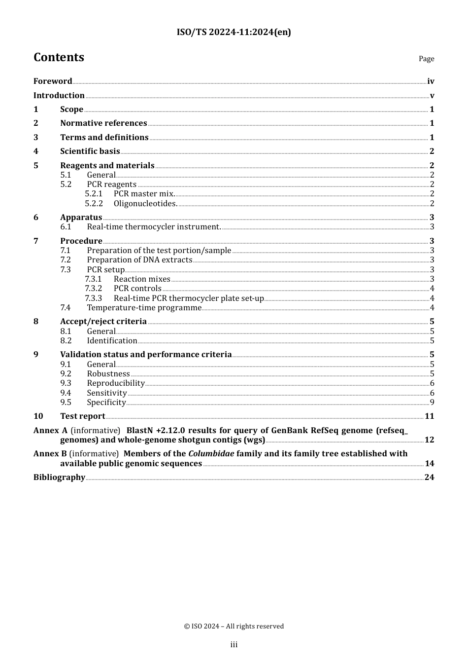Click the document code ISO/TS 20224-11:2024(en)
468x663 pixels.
(x=234, y=32)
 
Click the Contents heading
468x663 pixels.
(x=59, y=57)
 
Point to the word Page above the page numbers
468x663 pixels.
(x=426, y=59)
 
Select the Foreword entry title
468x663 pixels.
(x=53, y=81)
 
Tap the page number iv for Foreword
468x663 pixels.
(x=431, y=81)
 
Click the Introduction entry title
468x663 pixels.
(x=59, y=96)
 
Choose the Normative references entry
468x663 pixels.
(x=103, y=123)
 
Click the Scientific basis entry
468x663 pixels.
(x=90, y=151)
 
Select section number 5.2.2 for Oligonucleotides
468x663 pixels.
(x=94, y=204)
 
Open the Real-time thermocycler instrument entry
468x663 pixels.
(x=154, y=227)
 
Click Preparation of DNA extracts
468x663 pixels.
(x=139, y=260)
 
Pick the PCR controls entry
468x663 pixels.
(x=137, y=289)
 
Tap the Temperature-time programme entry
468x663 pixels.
(x=144, y=308)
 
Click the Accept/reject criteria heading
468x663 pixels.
(x=103, y=322)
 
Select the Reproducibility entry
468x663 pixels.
(x=116, y=383)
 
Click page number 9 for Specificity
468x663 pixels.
(x=432, y=403)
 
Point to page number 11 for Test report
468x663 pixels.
(x=430, y=416)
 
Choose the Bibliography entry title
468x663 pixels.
(x=59, y=478)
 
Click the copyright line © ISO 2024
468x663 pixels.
(x=234, y=626)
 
